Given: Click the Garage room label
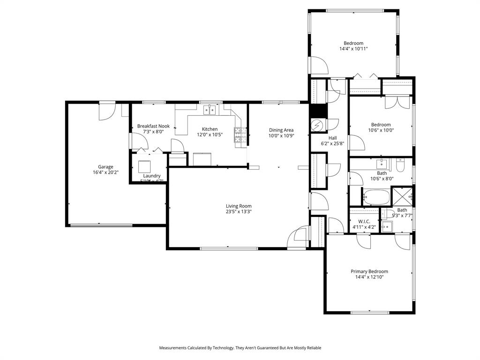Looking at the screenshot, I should pyautogui.click(x=105, y=167).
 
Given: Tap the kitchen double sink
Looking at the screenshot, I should pyautogui.click(x=209, y=110).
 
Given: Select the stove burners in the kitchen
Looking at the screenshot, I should pyautogui.click(x=238, y=135).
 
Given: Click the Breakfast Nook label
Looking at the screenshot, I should pyautogui.click(x=153, y=126).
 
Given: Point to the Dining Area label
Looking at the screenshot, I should pyautogui.click(x=281, y=130).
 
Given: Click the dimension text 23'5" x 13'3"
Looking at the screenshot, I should pyautogui.click(x=239, y=211).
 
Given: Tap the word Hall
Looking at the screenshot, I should pyautogui.click(x=332, y=138).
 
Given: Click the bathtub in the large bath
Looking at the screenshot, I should pyautogui.click(x=376, y=197).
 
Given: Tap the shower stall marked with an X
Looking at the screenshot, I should pyautogui.click(x=402, y=196).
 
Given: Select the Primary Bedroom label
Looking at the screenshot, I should pyautogui.click(x=369, y=271).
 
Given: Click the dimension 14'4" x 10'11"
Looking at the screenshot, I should pyautogui.click(x=353, y=49).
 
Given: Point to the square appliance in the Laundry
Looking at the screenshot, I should pyautogui.click(x=145, y=167).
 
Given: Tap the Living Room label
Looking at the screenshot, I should pyautogui.click(x=239, y=206).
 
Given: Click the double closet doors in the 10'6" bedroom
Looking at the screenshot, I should pyautogui.click(x=397, y=102).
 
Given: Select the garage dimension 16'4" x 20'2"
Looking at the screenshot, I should pyautogui.click(x=105, y=172).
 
